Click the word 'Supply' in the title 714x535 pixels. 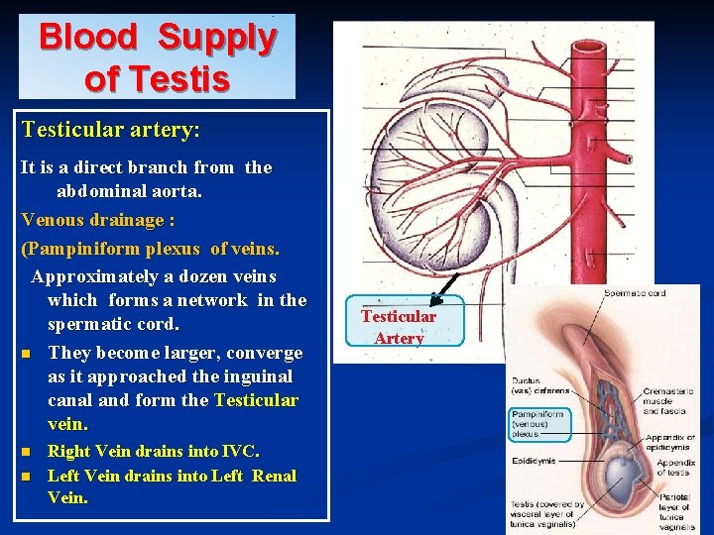pyautogui.click(x=216, y=38)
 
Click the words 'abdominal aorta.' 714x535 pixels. pyautogui.click(x=129, y=191)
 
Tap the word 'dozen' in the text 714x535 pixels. pyautogui.click(x=212, y=275)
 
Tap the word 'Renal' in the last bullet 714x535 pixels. pyautogui.click(x=274, y=476)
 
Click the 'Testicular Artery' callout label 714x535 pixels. pyautogui.click(x=399, y=327)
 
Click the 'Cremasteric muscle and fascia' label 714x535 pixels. pyautogui.click(x=668, y=401)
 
